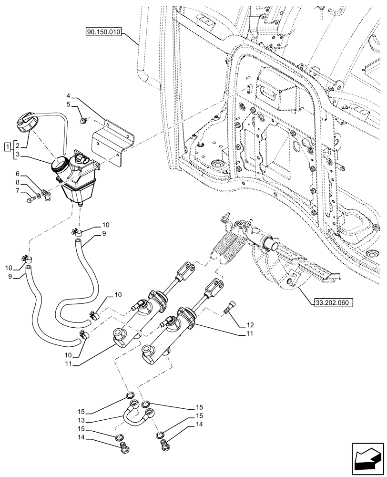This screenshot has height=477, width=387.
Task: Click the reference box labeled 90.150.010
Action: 104,32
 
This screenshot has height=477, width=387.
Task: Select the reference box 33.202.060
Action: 333,302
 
